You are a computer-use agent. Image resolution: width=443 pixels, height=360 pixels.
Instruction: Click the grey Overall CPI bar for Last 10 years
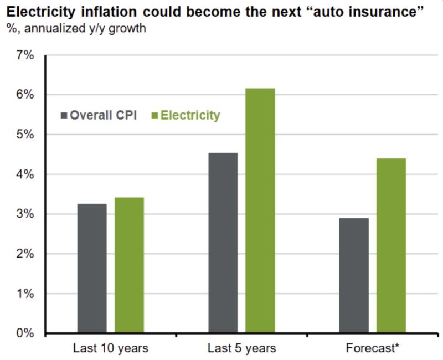[x=92, y=269]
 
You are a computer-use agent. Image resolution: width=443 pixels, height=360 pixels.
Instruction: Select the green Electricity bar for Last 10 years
[x=129, y=265]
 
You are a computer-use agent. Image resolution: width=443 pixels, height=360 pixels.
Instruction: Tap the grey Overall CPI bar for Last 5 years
[x=223, y=243]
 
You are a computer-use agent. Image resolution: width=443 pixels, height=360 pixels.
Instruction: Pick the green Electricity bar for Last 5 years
[x=260, y=211]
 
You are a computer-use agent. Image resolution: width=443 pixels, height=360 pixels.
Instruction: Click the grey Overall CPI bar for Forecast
[x=354, y=275]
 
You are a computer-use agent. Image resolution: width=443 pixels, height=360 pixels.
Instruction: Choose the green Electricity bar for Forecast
[x=391, y=246]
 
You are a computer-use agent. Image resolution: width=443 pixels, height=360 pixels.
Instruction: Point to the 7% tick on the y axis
[x=25, y=55]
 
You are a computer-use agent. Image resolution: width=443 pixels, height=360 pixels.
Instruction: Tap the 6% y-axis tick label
[x=25, y=95]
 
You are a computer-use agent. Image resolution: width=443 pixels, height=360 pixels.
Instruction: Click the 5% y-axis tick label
[x=25, y=135]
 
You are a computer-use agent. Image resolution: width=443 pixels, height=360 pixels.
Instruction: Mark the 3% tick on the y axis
[x=25, y=214]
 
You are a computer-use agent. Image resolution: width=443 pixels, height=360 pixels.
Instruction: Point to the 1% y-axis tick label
[x=25, y=294]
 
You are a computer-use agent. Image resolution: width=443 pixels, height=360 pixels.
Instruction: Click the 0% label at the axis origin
[x=25, y=333]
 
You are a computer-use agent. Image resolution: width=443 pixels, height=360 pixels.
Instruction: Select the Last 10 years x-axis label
[x=111, y=349]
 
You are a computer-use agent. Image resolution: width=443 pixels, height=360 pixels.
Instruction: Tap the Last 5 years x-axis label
[x=241, y=349]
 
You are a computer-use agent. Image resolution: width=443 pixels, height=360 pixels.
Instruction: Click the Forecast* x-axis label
[x=373, y=349]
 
